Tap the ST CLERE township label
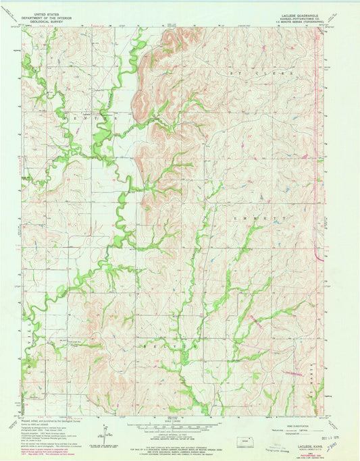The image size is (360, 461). point(248,72)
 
